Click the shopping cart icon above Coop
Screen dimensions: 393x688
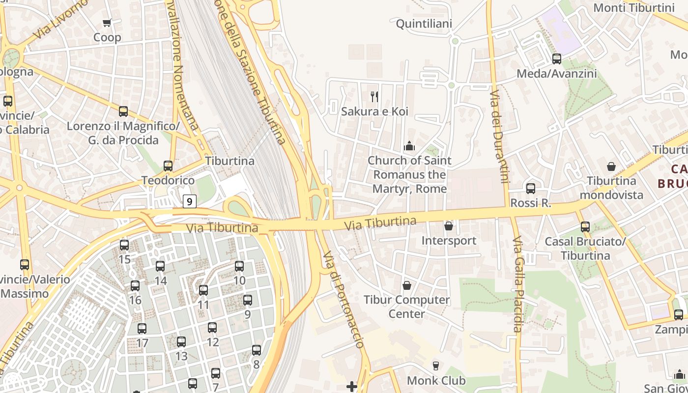tap(107, 23)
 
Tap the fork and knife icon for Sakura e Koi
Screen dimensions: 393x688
tap(374, 96)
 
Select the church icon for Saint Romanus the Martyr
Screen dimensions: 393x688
tap(409, 146)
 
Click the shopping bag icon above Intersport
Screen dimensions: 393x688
tap(449, 226)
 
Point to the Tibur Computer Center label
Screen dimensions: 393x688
tap(406, 307)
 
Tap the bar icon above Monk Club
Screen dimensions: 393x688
tap(435, 365)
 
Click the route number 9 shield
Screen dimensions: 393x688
tap(190, 201)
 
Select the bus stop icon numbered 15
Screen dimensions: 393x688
tap(124, 245)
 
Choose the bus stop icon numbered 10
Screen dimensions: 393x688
tap(239, 266)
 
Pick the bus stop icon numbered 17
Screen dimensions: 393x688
tap(142, 329)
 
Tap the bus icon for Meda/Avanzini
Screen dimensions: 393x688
tap(557, 59)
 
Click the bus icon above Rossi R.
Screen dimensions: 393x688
tap(531, 188)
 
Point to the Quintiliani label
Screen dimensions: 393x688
tap(424, 24)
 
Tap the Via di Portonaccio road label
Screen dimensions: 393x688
tap(344, 300)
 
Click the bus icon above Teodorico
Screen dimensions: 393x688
tap(168, 166)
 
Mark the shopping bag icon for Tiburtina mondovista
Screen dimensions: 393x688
tap(611, 167)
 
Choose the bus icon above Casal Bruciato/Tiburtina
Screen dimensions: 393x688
tap(585, 227)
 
